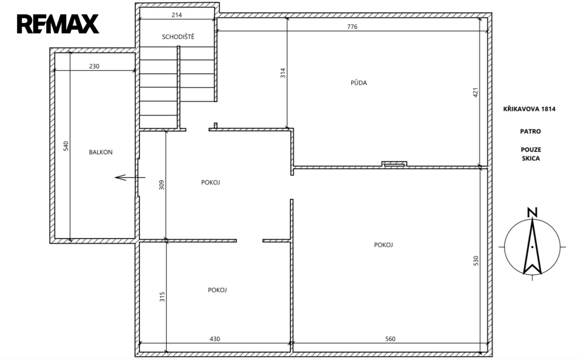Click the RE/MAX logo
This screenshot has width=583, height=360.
tap(58, 24)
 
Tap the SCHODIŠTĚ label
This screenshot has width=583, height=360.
tap(178, 36)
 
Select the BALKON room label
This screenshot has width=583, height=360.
tap(100, 152)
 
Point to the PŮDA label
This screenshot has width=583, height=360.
tap(359, 83)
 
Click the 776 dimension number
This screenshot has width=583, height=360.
tap(352, 27)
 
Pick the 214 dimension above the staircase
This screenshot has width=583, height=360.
tap(176, 15)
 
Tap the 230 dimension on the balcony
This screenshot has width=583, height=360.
tap(94, 66)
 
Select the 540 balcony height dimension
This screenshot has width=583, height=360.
tap(66, 146)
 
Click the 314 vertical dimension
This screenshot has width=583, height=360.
tap(283, 72)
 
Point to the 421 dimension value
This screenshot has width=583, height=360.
tap(475, 92)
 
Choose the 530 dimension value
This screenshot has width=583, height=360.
tap(475, 260)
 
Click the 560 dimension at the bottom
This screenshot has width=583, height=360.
tap(391, 339)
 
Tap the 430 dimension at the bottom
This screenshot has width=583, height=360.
tap(215, 339)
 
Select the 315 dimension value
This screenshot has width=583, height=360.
tap(162, 297)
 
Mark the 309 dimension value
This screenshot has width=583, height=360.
tap(161, 185)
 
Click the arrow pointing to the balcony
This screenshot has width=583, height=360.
tap(130, 177)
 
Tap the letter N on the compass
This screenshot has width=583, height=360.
tap(532, 212)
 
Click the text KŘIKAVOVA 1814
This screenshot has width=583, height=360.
tap(529, 109)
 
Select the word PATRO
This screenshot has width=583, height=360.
tap(531, 131)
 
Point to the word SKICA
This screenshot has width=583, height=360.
tap(531, 158)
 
